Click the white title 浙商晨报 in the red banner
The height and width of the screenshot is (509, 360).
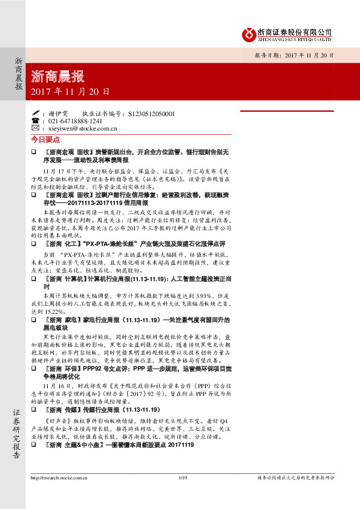[x=57, y=77]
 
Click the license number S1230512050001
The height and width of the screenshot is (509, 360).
[x=152, y=113]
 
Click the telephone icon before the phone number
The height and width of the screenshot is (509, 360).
[x=35, y=120]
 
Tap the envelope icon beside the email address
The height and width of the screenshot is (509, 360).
[x=35, y=128]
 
